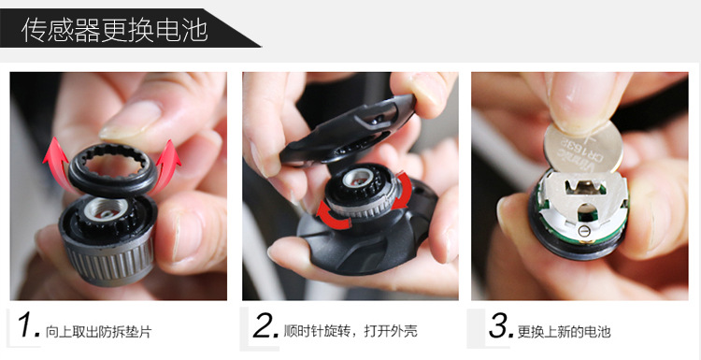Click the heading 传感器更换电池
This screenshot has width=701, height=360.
pyautogui.click(x=114, y=30)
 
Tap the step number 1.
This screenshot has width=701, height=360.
pyautogui.click(x=29, y=325)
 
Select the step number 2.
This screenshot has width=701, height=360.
pyautogui.click(x=265, y=325)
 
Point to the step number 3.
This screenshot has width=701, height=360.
pyautogui.click(x=501, y=325)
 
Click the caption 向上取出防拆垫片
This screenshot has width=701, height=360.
pyautogui.click(x=99, y=332)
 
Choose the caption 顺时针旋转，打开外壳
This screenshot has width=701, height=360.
pyautogui.click(x=350, y=331)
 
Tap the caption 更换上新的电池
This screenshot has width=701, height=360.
pyautogui.click(x=564, y=332)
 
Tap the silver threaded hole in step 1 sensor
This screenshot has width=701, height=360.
pyautogui.click(x=107, y=209)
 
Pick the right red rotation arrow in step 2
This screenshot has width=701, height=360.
pyautogui.click(x=402, y=191)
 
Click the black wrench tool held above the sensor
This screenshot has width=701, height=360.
pyautogui.click(x=348, y=130)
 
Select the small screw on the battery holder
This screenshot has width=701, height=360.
pyautogui.click(x=581, y=231)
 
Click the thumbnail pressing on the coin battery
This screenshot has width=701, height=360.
pyautogui.click(x=577, y=102)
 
